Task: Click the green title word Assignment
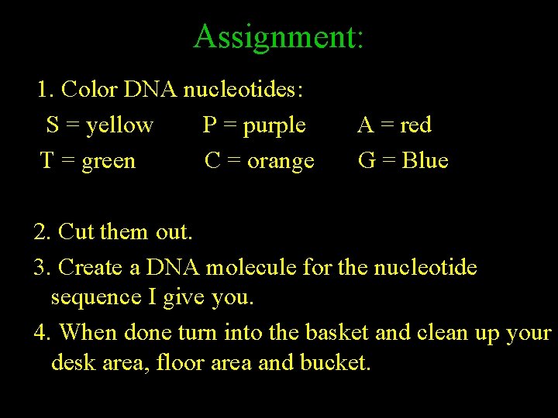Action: [x=275, y=36]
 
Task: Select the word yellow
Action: [x=120, y=125]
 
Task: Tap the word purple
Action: [x=274, y=126]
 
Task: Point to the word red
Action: [x=416, y=125]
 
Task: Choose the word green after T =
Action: [x=108, y=162]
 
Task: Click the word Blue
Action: [x=425, y=161]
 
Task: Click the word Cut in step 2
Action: [x=74, y=231]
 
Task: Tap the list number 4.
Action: [x=41, y=333]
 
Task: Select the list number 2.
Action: [x=41, y=231]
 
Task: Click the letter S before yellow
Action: [x=53, y=125]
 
